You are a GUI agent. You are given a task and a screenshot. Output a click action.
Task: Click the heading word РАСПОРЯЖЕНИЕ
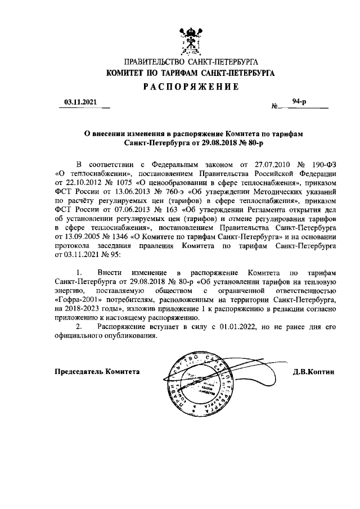190,87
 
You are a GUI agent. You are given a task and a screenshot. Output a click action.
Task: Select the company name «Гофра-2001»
76,301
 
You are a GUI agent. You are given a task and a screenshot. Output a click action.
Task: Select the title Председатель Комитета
97,372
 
